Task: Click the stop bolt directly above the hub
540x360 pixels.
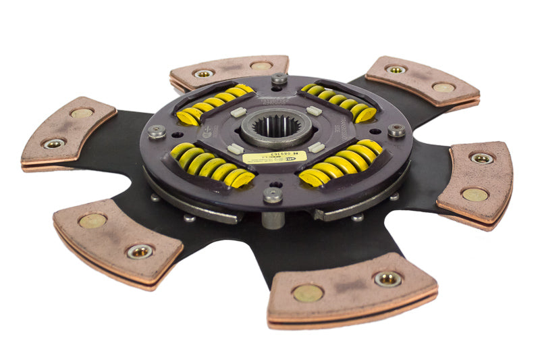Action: pyautogui.click(x=279, y=79)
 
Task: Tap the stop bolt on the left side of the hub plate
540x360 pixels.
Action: pyautogui.click(x=157, y=132)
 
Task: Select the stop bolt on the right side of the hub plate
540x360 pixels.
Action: pyautogui.click(x=396, y=130)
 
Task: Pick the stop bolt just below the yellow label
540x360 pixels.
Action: pyautogui.click(x=273, y=195)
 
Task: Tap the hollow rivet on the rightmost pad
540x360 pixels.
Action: pyautogui.click(x=481, y=158)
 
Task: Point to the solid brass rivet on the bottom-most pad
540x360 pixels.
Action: pyautogui.click(x=308, y=292)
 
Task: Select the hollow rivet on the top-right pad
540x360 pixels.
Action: pyautogui.click(x=396, y=69)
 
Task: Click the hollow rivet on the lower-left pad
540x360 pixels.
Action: pyautogui.click(x=140, y=251)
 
